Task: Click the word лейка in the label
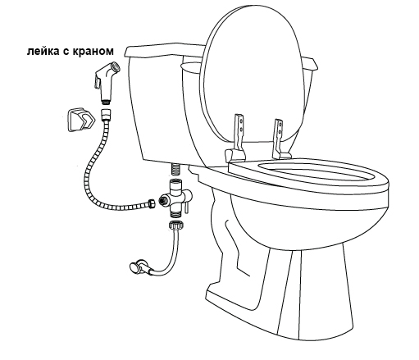tap(43, 52)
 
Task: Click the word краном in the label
tap(93, 52)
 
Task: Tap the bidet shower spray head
tap(107, 82)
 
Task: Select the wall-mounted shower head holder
tap(81, 120)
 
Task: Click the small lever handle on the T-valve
tap(186, 207)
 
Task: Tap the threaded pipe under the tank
tap(176, 170)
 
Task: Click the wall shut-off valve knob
tap(134, 267)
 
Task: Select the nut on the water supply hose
tap(175, 226)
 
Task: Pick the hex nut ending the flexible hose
tap(151, 203)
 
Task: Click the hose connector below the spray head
tap(106, 115)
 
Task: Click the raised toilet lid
tap(253, 73)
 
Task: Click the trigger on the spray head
tap(97, 82)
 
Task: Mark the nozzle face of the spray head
tap(116, 67)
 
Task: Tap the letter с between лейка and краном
tap(66, 52)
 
